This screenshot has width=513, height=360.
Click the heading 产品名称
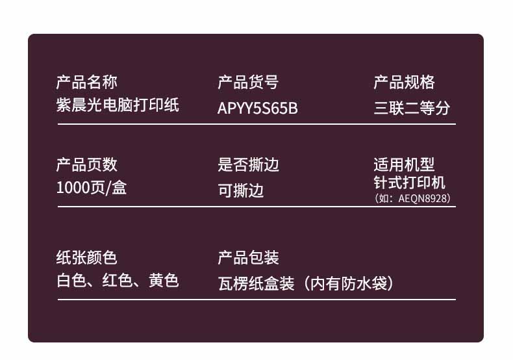pos(87,82)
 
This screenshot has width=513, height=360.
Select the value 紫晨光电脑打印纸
pos(118,105)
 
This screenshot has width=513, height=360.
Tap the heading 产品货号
pos(248,82)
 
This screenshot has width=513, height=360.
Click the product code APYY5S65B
pos(258,109)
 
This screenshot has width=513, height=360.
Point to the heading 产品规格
pos(405,82)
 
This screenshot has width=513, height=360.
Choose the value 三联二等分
pos(412,108)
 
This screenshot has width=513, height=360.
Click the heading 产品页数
pos(87,164)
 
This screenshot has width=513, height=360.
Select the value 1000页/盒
pos(92,188)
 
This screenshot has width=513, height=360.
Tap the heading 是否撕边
pos(248,164)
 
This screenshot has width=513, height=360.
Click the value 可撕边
pos(241,190)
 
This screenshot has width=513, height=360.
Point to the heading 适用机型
pos(405,164)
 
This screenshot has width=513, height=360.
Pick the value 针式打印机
pos(410,183)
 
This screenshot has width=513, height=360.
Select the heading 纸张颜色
pos(87,257)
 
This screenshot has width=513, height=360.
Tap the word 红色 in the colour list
pos(118,281)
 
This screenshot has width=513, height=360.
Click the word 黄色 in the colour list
pos(164,281)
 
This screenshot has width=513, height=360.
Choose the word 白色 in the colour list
pos(71,281)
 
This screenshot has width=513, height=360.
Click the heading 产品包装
pos(248,257)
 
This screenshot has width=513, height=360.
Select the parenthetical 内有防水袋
pos(349,283)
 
